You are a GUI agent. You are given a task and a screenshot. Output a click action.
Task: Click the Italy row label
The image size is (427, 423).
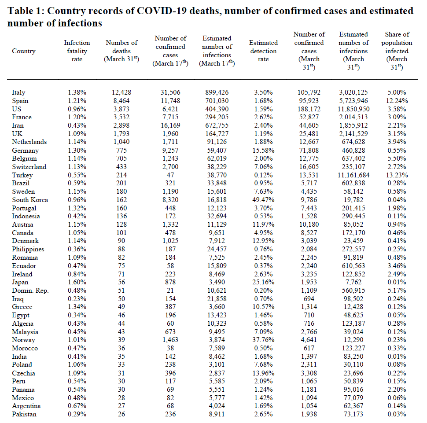click(x=18, y=92)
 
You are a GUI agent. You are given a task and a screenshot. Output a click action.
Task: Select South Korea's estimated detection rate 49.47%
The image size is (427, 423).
click(x=264, y=200)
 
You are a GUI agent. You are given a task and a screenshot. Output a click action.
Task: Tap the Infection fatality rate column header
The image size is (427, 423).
click(x=77, y=51)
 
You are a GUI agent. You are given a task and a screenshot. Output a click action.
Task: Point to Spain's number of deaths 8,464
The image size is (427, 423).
click(x=121, y=101)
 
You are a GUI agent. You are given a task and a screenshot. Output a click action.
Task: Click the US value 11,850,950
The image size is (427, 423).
click(x=353, y=109)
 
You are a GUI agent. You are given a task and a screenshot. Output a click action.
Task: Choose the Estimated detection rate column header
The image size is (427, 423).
click(x=263, y=51)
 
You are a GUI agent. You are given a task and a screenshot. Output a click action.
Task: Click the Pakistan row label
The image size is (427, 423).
click(x=24, y=414)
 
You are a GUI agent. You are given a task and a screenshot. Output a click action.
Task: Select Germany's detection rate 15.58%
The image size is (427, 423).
click(x=264, y=151)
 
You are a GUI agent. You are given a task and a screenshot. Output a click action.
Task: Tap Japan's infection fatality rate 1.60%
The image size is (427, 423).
click(x=77, y=283)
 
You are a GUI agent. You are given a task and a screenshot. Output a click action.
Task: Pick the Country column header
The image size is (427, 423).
click(x=24, y=51)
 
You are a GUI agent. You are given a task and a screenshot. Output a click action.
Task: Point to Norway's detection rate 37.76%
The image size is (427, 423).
click(x=264, y=340)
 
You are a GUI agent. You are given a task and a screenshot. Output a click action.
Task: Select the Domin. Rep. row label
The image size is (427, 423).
click(x=30, y=291)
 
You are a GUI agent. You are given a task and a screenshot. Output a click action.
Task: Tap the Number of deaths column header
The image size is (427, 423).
click(x=121, y=51)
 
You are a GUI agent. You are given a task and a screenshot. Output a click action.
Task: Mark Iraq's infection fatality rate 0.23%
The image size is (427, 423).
click(x=77, y=299)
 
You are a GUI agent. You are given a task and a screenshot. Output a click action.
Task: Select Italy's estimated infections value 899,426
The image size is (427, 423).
click(x=217, y=92)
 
